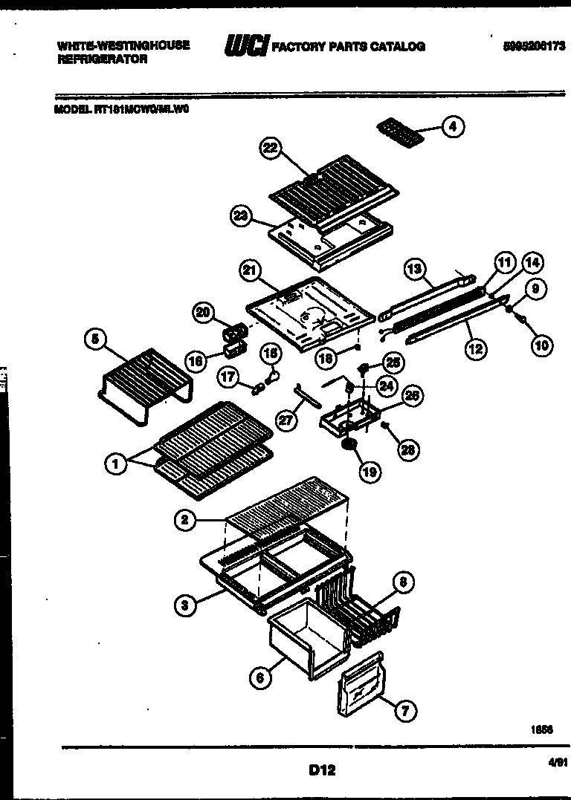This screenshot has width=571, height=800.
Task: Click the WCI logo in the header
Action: click(246, 46)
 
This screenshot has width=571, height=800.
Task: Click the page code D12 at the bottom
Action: click(321, 770)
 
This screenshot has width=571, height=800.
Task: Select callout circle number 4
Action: click(453, 127)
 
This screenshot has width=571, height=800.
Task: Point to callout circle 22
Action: click(271, 149)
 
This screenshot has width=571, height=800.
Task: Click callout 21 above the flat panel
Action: click(250, 271)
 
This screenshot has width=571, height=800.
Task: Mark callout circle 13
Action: click(414, 268)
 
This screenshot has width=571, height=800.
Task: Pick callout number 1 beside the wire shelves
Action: click(114, 464)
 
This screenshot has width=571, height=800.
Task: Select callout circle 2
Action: click(186, 521)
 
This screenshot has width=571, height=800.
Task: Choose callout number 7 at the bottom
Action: click(404, 711)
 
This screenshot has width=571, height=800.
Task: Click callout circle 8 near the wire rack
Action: click(402, 582)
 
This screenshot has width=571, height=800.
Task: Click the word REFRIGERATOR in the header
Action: click(102, 59)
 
